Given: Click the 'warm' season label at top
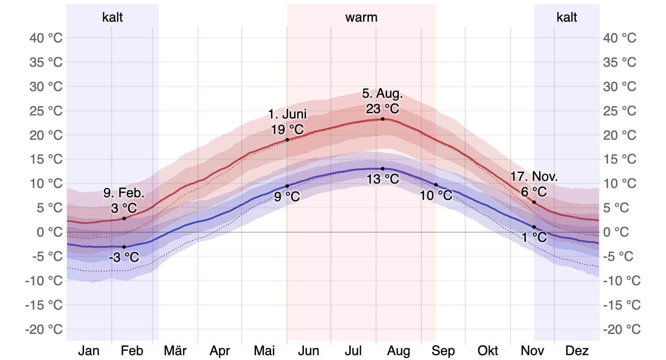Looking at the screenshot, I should pos(361,18).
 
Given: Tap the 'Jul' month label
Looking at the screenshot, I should pos(353,351).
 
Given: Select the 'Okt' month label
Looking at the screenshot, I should pos(488,351).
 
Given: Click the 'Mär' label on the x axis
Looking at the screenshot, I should pos(175,351).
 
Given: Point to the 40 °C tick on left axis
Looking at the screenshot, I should pos(46,38).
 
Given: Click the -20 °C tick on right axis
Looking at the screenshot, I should pos(622,329).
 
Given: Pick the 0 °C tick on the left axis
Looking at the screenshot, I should pos(49,232).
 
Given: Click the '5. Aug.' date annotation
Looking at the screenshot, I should pos(383,94).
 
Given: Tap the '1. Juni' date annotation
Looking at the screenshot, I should pos(287,114).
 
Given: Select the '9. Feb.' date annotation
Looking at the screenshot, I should pos(124,193).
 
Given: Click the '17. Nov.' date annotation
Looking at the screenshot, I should pos(534,177).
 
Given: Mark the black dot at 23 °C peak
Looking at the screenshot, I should pos(383,119).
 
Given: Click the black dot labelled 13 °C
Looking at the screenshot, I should pos(383,169).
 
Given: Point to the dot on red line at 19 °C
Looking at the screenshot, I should pos(287,140).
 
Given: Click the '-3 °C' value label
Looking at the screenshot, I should pos(124,257).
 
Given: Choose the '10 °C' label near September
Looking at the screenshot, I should pos(436,195).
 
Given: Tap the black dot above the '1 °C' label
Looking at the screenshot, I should pos(534,227).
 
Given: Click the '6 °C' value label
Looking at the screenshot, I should pos(534,192).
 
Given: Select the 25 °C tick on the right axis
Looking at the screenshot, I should pos(620,111).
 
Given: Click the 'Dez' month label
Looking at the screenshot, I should pos(577,351).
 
